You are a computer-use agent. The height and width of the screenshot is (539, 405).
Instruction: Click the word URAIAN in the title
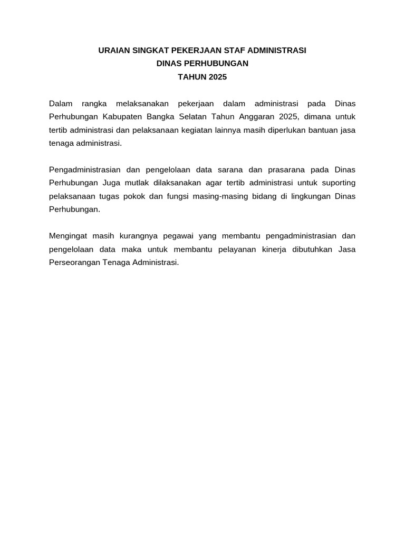click(x=114, y=51)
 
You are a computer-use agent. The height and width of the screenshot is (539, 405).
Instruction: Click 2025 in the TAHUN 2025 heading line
click(x=217, y=77)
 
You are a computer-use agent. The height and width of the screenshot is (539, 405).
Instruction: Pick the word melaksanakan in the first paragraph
click(x=138, y=103)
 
